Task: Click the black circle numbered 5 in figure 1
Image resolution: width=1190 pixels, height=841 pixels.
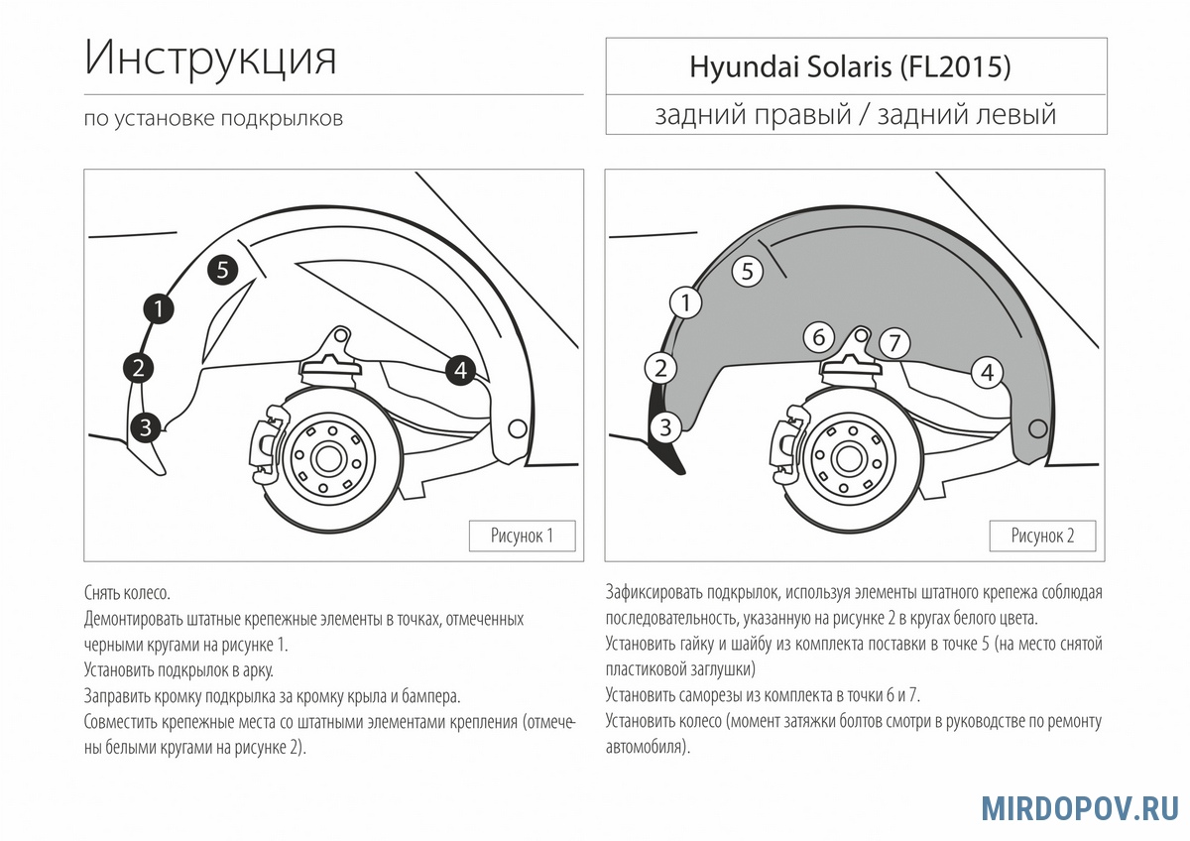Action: (222, 270)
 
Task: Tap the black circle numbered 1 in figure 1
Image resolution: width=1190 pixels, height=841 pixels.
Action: (159, 308)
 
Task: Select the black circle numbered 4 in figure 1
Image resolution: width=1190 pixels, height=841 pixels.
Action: (460, 370)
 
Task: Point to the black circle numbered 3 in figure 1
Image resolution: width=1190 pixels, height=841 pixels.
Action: (145, 427)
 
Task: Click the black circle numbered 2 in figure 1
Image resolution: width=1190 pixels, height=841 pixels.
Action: (138, 368)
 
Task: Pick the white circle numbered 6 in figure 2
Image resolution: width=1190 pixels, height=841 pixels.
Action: (819, 337)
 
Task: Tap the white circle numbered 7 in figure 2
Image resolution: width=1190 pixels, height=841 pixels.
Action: (894, 343)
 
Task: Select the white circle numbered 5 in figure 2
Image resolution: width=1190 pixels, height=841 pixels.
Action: (748, 272)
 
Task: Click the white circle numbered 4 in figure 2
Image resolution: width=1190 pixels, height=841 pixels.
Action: (987, 373)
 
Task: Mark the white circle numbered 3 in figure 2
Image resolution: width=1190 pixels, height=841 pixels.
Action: (665, 427)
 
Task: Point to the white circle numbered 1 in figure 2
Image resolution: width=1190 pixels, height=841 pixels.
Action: (686, 302)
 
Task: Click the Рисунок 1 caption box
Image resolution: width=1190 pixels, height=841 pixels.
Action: (523, 536)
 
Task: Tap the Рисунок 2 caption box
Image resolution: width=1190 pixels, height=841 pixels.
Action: (1042, 536)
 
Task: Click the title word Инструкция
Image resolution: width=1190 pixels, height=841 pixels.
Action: (210, 59)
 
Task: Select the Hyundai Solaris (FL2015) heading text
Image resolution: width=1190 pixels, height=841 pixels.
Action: (850, 67)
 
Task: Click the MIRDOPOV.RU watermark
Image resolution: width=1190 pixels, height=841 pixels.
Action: (1080, 808)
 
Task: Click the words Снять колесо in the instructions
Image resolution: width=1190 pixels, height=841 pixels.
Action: (127, 592)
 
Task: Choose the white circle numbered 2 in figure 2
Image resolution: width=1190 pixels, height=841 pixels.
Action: (660, 368)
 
